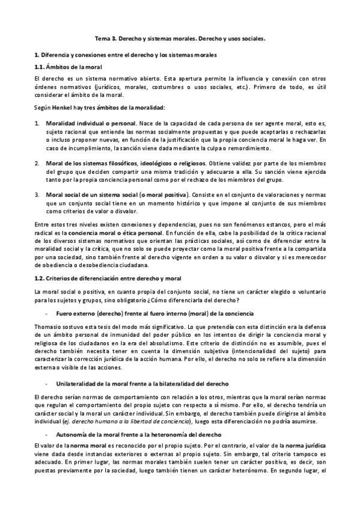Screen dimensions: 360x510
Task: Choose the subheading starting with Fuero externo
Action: pyautogui.click(x=155, y=314)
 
